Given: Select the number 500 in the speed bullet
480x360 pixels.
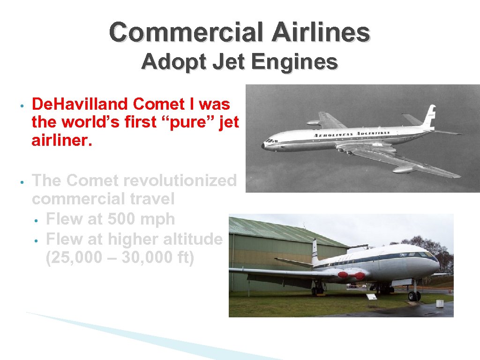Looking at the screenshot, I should pyautogui.click(x=123, y=219).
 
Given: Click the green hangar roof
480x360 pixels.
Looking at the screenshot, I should pyautogui.click(x=277, y=230).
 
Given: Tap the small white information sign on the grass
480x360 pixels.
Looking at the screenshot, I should pyautogui.click(x=372, y=297).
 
